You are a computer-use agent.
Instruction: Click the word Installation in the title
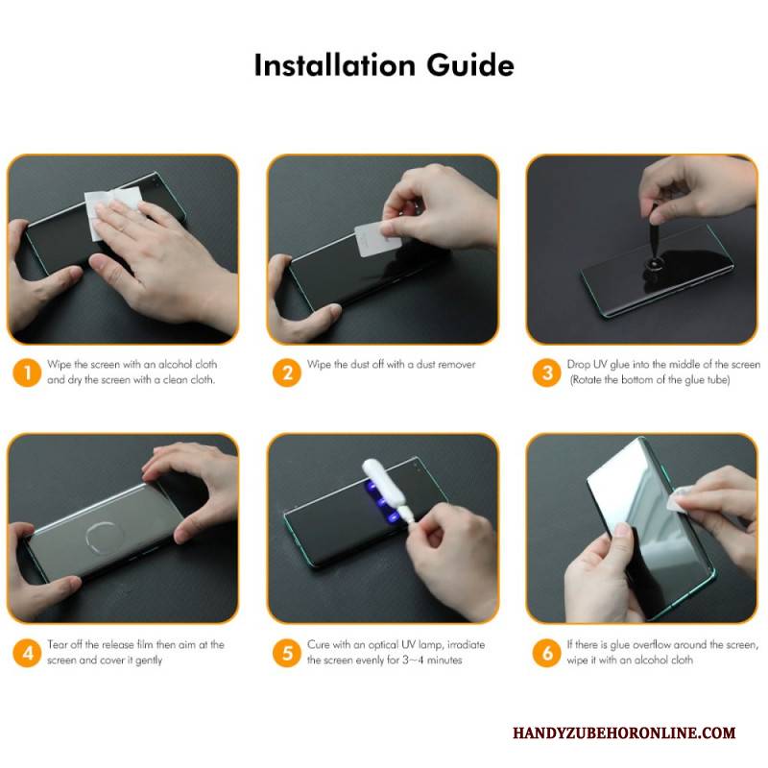pyautogui.click(x=335, y=65)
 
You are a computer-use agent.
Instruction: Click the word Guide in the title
pyautogui.click(x=470, y=65)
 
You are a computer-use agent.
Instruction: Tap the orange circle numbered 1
pyautogui.click(x=27, y=372)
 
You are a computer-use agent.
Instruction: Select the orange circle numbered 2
pyautogui.click(x=287, y=372)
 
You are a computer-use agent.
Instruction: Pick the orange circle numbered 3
pyautogui.click(x=546, y=372)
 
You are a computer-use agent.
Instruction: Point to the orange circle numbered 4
pyautogui.click(x=27, y=653)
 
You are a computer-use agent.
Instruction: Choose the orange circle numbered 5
pyautogui.click(x=287, y=653)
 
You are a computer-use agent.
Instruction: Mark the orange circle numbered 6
pyautogui.click(x=546, y=653)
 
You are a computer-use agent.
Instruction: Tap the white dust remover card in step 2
pyautogui.click(x=376, y=240)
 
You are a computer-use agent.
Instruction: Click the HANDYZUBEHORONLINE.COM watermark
pyautogui.click(x=624, y=732)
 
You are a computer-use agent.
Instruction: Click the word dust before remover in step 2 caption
pyautogui.click(x=425, y=364)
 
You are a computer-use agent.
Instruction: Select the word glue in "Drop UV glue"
pyautogui.click(x=619, y=365)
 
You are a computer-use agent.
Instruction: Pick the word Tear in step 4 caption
pyautogui.click(x=58, y=644)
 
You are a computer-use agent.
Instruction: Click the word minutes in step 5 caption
pyautogui.click(x=444, y=660)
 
